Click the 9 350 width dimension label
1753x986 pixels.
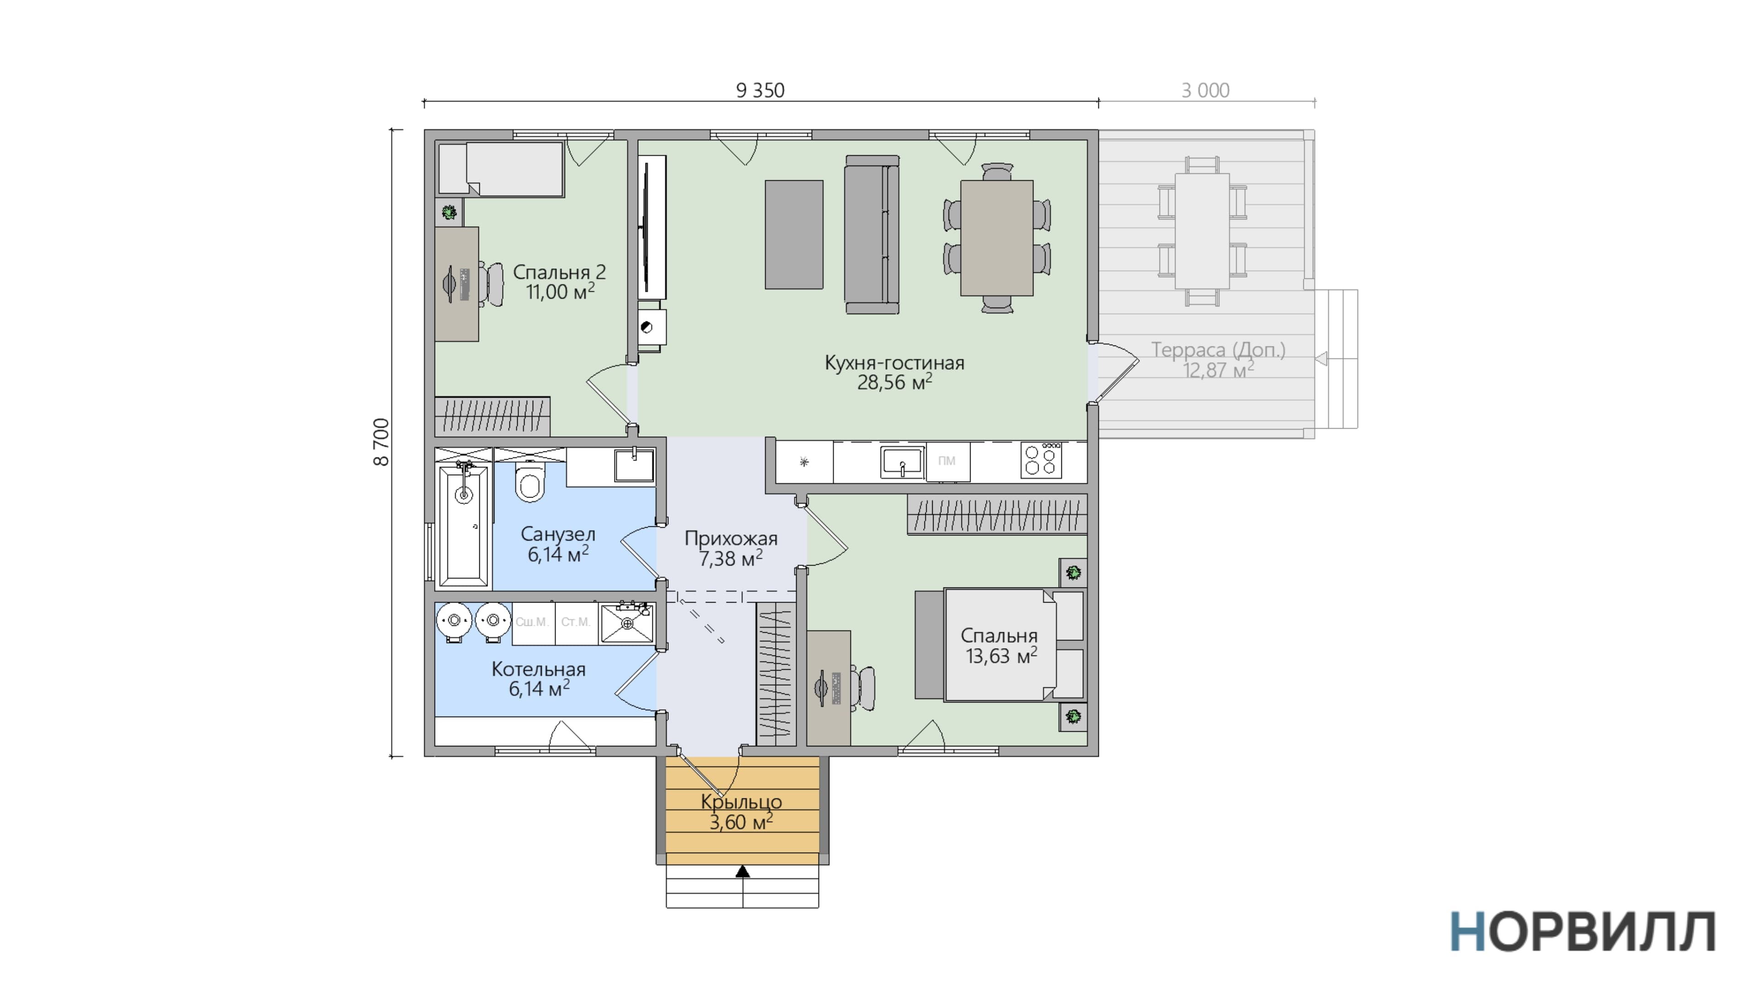pos(760,90)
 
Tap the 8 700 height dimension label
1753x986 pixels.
pos(382,442)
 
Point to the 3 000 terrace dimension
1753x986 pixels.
pos(1205,90)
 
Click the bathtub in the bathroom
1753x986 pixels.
pos(463,525)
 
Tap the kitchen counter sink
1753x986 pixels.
pos(903,462)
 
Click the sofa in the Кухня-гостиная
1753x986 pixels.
pos(872,235)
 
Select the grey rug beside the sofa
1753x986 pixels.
pos(794,235)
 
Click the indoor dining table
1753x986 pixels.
pos(997,238)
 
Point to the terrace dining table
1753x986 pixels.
pos(1202,231)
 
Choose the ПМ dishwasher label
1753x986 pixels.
pos(947,461)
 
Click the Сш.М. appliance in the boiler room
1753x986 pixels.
pos(533,622)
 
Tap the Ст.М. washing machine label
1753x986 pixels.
pos(576,622)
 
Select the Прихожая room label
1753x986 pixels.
pos(731,539)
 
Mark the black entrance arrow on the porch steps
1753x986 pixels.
pos(742,871)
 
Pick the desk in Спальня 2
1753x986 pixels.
pos(457,284)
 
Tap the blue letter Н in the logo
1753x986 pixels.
pos(1467,932)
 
